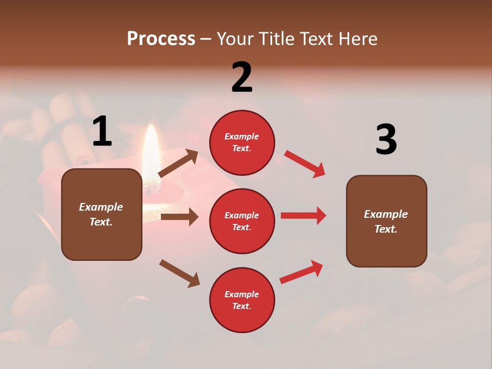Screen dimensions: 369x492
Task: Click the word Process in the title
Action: tap(161, 39)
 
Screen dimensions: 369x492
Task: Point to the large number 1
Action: tap(102, 131)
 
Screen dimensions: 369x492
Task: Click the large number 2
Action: tap(242, 77)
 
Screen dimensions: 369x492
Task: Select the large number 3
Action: tap(386, 139)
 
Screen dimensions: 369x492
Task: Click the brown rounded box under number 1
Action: tap(101, 214)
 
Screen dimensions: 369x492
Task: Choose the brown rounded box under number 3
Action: tap(386, 221)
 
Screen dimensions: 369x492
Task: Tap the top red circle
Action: tap(242, 142)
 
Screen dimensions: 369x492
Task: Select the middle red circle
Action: tap(242, 221)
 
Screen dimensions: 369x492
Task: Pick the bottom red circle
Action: tap(242, 300)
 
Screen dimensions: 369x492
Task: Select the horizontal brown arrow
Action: tap(179, 217)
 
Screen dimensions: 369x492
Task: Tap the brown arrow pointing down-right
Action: tap(179, 273)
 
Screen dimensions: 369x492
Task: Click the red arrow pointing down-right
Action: tap(305, 164)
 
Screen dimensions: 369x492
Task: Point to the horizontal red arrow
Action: tap(303, 215)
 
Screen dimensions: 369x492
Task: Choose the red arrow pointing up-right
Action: tap(302, 272)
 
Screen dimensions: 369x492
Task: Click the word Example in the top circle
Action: tap(242, 136)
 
